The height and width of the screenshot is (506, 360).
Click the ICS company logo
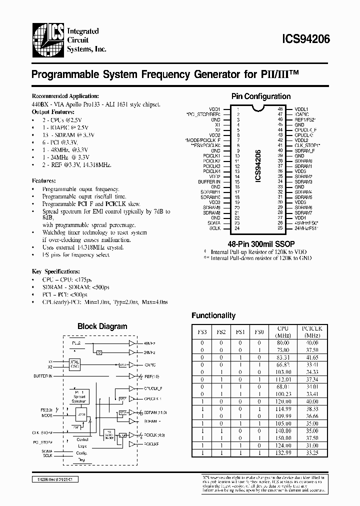[x=47, y=38]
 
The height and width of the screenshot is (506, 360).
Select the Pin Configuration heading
[x=260, y=96]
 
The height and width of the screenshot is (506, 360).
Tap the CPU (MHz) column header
[x=282, y=331]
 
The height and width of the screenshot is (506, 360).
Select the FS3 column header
[x=202, y=331]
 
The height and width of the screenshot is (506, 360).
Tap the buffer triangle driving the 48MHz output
[x=132, y=344]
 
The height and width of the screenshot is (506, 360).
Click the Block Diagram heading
[x=102, y=326]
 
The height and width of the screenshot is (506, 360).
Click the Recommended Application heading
[x=65, y=96]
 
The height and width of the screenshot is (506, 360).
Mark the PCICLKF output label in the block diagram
[x=151, y=443]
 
